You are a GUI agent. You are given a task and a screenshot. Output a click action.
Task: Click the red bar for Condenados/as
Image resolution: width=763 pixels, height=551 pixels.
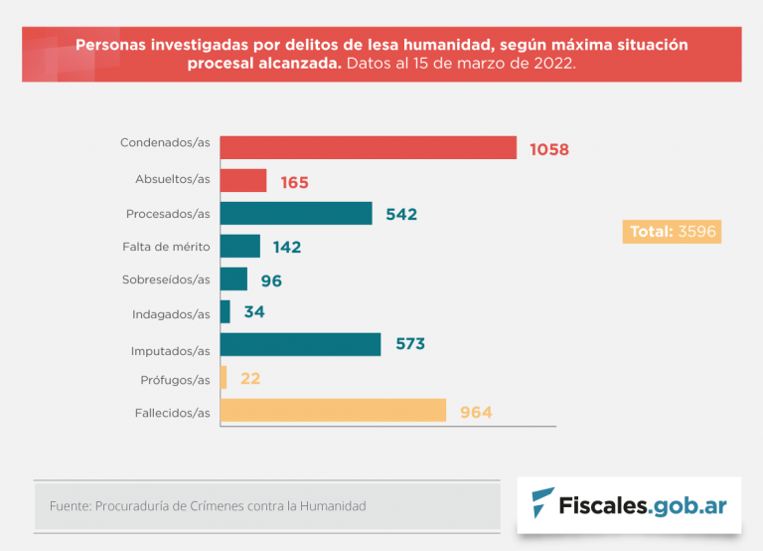click(x=368, y=147)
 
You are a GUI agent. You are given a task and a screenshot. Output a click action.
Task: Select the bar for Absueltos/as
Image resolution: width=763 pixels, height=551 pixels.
click(x=242, y=180)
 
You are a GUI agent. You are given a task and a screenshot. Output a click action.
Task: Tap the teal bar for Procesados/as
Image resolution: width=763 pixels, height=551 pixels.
click(x=295, y=214)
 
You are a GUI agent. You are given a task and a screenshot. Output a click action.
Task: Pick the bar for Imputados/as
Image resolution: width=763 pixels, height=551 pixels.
click(x=299, y=344)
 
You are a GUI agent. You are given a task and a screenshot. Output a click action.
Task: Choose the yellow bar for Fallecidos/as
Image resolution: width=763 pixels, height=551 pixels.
click(x=332, y=411)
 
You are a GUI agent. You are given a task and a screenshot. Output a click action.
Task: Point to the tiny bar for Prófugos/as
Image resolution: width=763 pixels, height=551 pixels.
click(x=224, y=378)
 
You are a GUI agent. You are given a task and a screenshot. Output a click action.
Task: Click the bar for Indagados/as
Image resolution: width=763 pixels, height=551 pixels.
click(x=225, y=311)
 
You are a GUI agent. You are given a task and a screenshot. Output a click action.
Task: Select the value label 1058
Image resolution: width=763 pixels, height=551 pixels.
click(x=548, y=150)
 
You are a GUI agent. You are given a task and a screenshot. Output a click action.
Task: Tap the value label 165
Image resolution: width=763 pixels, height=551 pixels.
click(x=294, y=183)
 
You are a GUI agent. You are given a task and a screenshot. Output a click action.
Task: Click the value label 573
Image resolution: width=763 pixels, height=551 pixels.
click(x=409, y=344)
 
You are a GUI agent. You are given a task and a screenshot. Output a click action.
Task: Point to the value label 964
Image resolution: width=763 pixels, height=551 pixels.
click(x=476, y=412)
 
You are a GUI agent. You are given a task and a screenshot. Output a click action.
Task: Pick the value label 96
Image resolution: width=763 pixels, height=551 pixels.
click(x=271, y=281)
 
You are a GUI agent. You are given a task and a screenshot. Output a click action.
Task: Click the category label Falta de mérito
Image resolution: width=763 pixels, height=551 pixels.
click(x=166, y=246)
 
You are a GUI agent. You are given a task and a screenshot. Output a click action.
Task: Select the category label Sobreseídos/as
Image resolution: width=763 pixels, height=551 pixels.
click(x=166, y=279)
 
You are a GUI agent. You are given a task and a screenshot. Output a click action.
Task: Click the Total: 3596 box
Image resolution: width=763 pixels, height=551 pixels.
click(x=671, y=232)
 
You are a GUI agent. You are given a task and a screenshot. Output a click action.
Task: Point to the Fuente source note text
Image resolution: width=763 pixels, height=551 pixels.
click(x=208, y=506)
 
